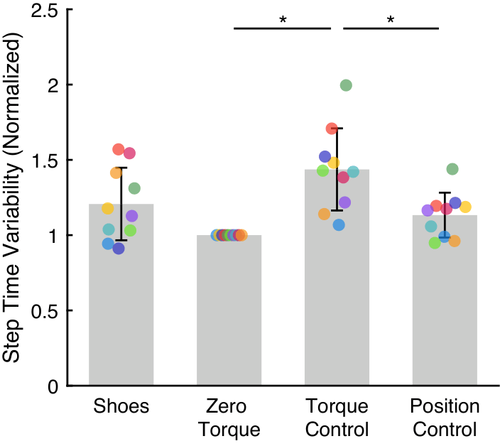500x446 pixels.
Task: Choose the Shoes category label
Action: (121, 407)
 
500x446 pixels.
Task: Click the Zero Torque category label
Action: (229, 418)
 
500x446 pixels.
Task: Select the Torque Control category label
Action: (337, 418)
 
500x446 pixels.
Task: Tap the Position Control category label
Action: (445, 418)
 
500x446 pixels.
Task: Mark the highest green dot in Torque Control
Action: (346, 85)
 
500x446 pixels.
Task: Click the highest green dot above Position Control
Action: (452, 169)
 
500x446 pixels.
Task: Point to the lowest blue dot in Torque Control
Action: (339, 225)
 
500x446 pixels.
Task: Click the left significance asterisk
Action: (283, 20)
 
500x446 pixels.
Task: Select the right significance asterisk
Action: (391, 20)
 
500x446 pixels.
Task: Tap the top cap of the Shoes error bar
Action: (121, 168)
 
